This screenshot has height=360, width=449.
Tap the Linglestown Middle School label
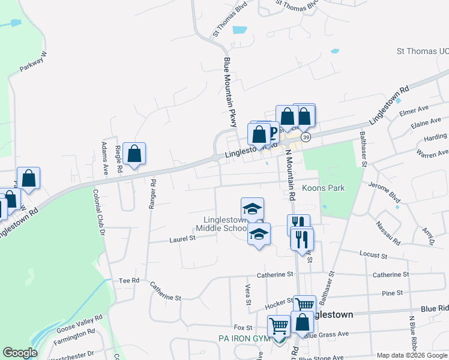(x=221, y=224)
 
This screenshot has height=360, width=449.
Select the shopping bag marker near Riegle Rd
(x=135, y=154)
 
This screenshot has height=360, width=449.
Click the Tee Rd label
(x=129, y=280)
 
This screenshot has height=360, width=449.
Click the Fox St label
(x=243, y=328)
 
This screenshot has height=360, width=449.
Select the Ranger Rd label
(x=154, y=193)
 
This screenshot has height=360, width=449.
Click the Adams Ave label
(x=105, y=159)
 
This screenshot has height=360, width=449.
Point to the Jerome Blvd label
(x=384, y=190)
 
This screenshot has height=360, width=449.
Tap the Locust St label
(x=373, y=255)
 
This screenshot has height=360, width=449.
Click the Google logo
(x=20, y=353)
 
